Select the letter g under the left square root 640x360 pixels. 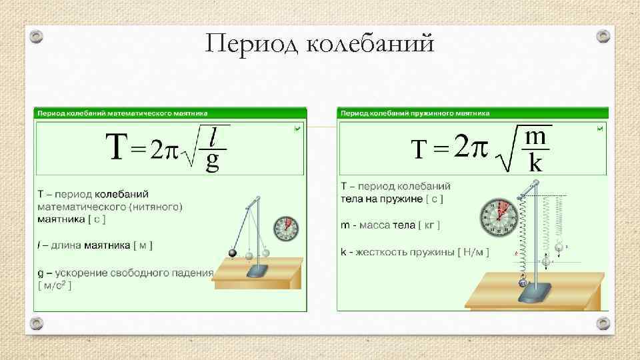click(x=213, y=161)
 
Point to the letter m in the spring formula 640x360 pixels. click(x=536, y=137)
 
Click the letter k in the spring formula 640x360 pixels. click(x=535, y=163)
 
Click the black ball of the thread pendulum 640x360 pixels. click(x=233, y=253)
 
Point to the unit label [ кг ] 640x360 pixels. click(x=429, y=225)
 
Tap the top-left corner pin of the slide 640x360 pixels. click(x=37, y=35)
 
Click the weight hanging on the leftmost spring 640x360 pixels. click(x=522, y=283)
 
